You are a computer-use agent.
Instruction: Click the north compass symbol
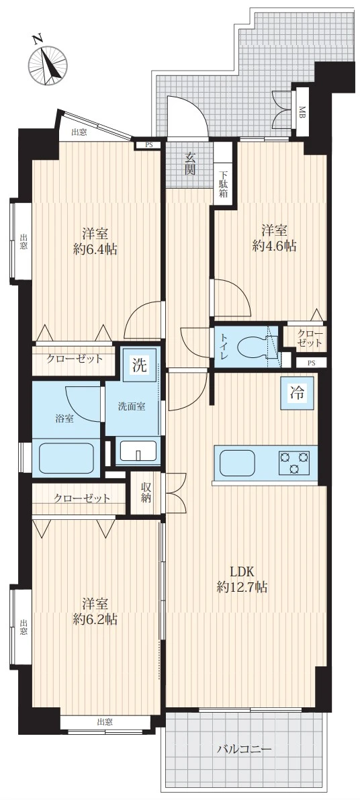point(48,64)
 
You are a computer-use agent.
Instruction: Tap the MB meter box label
point(302,111)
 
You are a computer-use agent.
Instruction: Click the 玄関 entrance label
point(189,163)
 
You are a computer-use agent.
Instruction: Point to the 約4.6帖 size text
point(274,246)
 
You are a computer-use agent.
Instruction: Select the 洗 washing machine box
point(139,365)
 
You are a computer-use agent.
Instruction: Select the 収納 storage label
point(146,492)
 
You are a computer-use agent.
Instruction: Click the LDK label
point(242,571)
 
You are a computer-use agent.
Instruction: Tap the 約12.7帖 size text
point(242,587)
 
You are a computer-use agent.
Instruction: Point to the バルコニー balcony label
point(243,750)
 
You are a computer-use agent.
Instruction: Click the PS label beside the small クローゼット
point(312,363)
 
